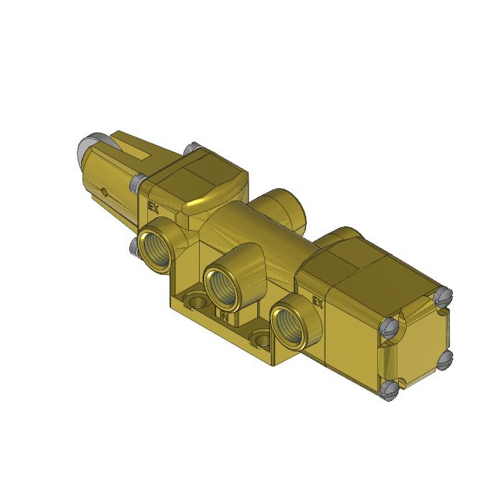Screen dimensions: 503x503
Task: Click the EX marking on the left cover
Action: coord(152,207)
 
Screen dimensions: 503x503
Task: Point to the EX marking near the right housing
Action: coord(316,303)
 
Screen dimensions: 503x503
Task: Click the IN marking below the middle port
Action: coord(224,316)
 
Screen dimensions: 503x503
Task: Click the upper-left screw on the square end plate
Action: coord(391,326)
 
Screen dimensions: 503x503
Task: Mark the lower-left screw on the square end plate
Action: coord(390,391)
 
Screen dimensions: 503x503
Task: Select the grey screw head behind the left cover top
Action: coord(190,149)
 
